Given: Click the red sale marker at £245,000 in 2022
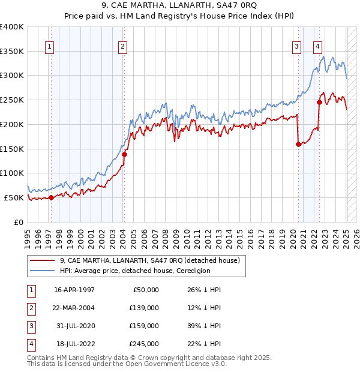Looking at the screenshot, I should (319, 102).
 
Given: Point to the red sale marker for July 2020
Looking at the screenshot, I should (298, 144).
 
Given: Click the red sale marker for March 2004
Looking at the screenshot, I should (124, 154).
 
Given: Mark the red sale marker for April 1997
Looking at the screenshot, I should (51, 197).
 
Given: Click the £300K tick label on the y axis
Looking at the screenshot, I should (11, 76).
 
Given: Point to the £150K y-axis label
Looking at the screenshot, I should (11, 149).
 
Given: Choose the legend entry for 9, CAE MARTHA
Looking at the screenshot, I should (149, 260).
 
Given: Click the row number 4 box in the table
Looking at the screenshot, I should (29, 344).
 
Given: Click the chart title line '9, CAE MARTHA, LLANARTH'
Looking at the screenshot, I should (179, 7).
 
